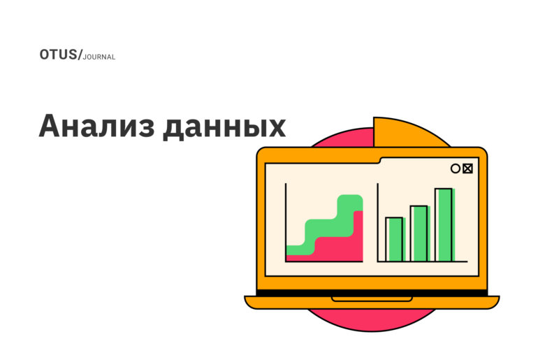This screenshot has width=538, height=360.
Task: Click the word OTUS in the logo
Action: point(58,55)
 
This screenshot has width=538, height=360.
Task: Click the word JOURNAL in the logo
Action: point(99,57)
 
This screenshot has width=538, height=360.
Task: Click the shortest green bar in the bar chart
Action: point(394,239)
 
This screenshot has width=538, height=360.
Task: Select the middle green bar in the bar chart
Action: point(419,233)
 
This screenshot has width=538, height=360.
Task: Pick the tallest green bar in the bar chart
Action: point(444,224)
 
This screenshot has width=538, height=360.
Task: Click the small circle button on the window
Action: point(456,168)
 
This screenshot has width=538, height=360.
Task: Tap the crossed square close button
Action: point(467,168)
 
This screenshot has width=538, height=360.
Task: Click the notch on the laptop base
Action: point(372,299)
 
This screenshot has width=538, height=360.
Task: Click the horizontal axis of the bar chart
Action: point(422,261)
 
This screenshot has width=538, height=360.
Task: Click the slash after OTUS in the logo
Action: point(80,55)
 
